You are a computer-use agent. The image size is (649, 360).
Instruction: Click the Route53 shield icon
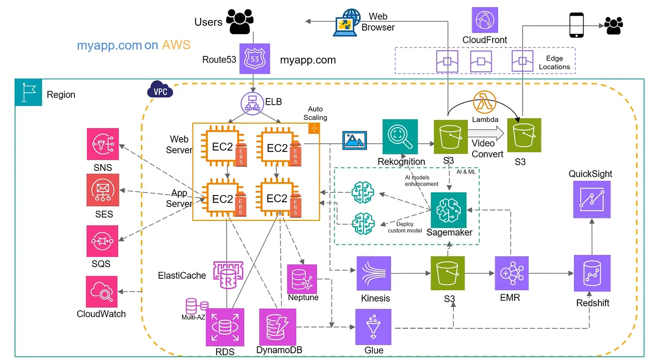(x=254, y=59)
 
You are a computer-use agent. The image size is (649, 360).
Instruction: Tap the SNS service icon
(x=102, y=143)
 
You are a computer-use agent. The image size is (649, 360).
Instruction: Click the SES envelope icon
(x=102, y=190)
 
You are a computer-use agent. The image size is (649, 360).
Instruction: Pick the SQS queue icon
(x=102, y=241)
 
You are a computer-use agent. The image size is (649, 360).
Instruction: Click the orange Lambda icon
(x=485, y=102)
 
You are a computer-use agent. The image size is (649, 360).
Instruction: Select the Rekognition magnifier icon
(x=400, y=137)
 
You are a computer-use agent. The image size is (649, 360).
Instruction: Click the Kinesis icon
(x=374, y=273)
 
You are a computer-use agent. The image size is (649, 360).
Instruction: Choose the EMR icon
(x=511, y=273)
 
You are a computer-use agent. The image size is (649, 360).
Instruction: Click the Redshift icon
(x=592, y=274)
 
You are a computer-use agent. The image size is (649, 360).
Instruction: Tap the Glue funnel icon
(x=373, y=327)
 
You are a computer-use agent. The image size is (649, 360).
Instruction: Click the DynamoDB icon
(x=277, y=327)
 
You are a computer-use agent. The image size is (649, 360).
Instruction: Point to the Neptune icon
(x=302, y=279)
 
